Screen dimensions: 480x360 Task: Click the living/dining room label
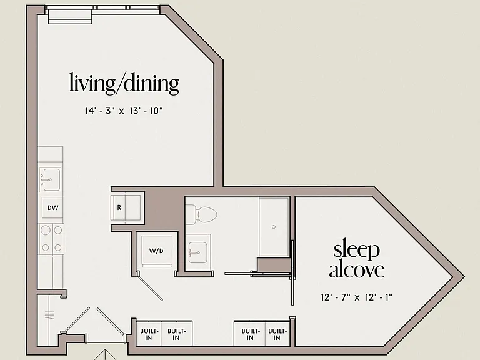click(x=124, y=83)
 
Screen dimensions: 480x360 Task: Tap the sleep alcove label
click(x=357, y=258)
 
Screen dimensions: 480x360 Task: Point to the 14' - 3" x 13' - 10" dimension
click(x=124, y=111)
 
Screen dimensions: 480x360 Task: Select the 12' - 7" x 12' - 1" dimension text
click(x=357, y=297)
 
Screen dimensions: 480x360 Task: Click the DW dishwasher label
click(x=52, y=208)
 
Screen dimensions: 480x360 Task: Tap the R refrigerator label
click(x=119, y=207)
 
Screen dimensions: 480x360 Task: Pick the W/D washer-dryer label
click(x=156, y=251)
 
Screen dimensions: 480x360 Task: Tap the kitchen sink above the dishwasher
click(x=50, y=180)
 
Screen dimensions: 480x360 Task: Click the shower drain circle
click(x=274, y=227)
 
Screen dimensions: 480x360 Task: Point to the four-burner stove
click(x=51, y=239)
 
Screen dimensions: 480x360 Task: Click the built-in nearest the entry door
click(x=149, y=334)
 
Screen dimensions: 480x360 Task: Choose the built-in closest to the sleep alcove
click(x=277, y=334)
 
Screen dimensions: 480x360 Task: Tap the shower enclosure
click(x=274, y=227)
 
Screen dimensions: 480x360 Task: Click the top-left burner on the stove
click(x=45, y=230)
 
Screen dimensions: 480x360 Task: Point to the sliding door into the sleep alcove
click(x=292, y=272)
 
